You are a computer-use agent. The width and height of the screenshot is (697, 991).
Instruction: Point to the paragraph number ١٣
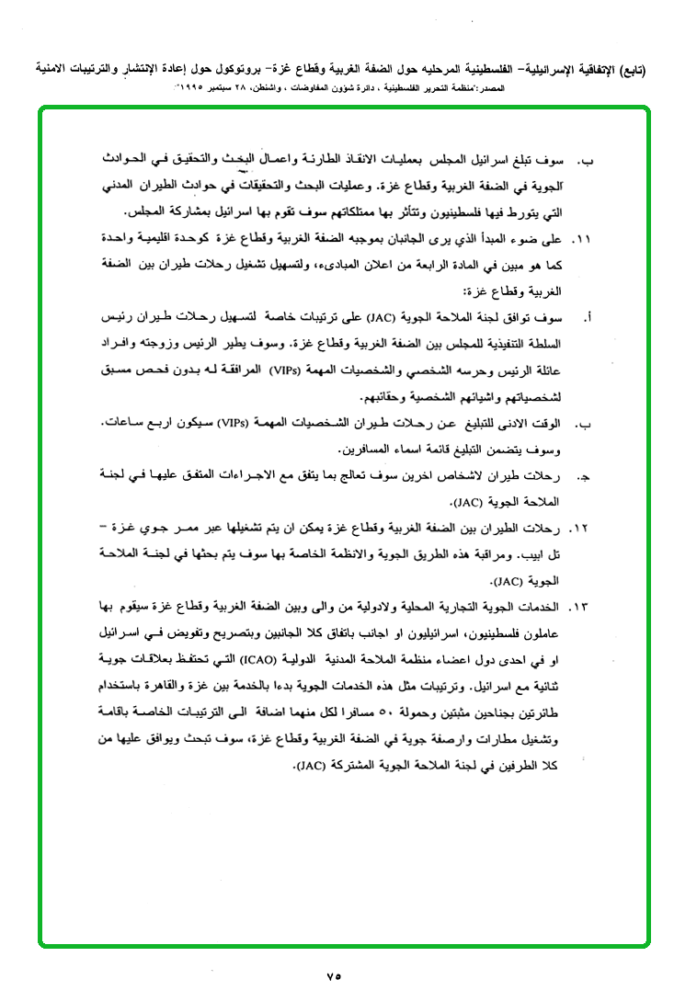point(582,608)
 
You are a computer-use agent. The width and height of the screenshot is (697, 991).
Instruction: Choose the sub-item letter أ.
point(586,318)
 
